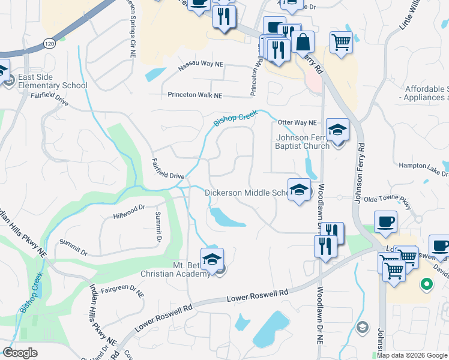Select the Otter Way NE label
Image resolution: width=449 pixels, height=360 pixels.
(297, 122)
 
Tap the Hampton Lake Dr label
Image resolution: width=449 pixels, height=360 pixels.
(423, 165)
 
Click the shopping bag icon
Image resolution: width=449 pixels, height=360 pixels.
(304, 42)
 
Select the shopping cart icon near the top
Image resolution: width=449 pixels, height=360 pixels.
(341, 43)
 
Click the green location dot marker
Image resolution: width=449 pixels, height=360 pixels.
(427, 284)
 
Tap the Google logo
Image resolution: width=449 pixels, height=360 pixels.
(20, 353)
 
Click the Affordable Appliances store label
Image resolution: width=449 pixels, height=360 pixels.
(427, 93)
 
